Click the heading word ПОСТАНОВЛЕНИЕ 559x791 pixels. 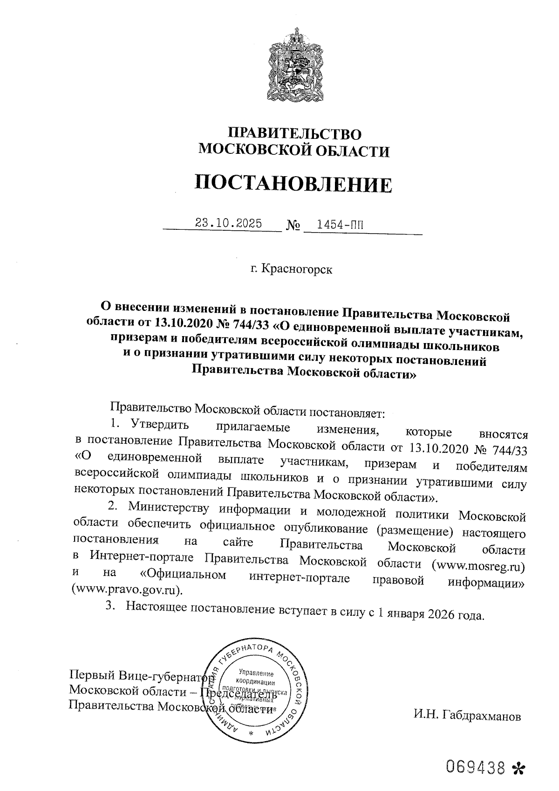click(293, 184)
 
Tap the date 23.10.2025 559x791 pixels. click(228, 223)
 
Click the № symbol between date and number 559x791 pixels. click(293, 226)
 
